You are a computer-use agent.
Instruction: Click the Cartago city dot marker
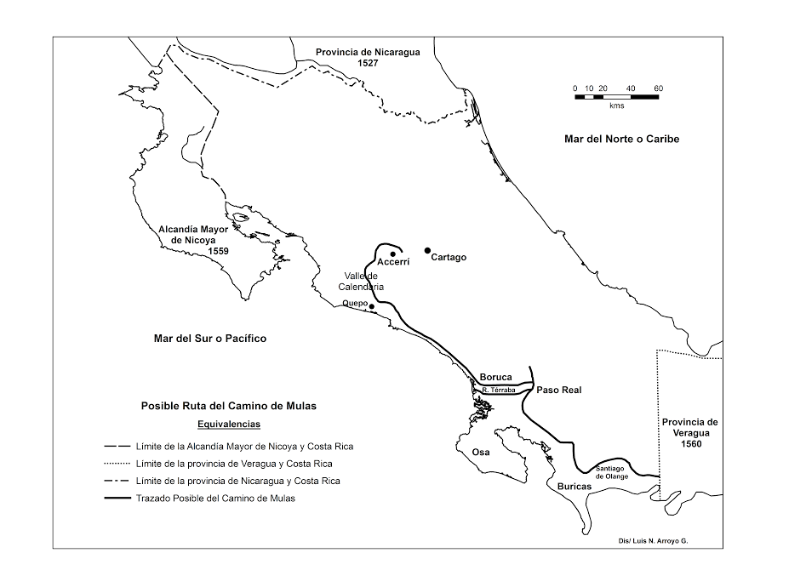pyautogui.click(x=428, y=250)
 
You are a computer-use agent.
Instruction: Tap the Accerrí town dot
pyautogui.click(x=392, y=254)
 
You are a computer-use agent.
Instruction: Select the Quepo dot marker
pyautogui.click(x=372, y=306)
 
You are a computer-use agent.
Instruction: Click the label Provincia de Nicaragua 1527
pyautogui.click(x=368, y=57)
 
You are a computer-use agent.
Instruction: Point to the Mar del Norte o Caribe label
pyautogui.click(x=621, y=139)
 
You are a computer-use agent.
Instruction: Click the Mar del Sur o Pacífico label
pyautogui.click(x=209, y=339)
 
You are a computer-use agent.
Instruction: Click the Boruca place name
pyautogui.click(x=495, y=377)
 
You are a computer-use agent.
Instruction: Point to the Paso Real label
pyautogui.click(x=558, y=390)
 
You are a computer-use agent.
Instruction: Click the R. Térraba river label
pyautogui.click(x=499, y=390)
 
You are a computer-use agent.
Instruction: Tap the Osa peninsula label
pyautogui.click(x=480, y=452)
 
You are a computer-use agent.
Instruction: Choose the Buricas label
pyautogui.click(x=574, y=487)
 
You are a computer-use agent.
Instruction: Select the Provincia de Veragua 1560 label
pyautogui.click(x=689, y=432)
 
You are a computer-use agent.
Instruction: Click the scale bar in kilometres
pyautogui.click(x=617, y=97)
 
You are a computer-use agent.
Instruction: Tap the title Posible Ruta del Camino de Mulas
pyautogui.click(x=228, y=406)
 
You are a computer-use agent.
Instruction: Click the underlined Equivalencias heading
pyautogui.click(x=228, y=423)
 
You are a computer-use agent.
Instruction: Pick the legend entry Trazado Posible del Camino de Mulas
pyautogui.click(x=214, y=499)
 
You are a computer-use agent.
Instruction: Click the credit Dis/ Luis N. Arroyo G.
pyautogui.click(x=653, y=540)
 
